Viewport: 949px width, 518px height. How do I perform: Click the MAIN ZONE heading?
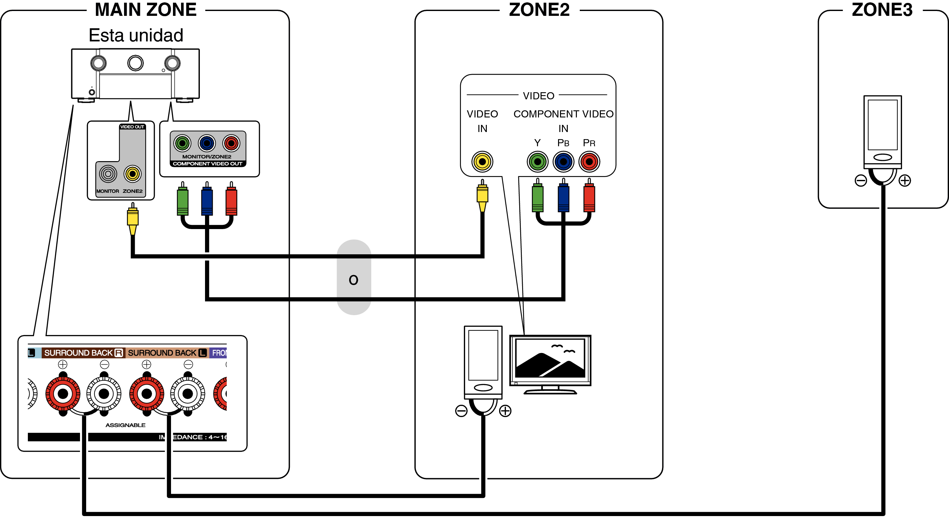point(145,10)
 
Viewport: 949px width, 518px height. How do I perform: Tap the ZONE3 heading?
point(882,10)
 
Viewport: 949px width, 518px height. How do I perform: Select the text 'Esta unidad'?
point(136,35)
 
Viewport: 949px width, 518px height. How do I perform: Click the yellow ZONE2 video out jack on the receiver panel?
point(132,174)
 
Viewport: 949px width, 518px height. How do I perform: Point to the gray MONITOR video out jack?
point(108,174)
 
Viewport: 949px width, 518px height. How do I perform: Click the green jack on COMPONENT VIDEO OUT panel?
point(182,143)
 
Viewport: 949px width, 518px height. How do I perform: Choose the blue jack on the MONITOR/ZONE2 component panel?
point(207,143)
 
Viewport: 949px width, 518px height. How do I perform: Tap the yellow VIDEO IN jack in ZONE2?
point(482,161)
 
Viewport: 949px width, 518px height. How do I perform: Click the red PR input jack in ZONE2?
point(589,161)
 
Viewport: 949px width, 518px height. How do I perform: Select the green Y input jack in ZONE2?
point(537,161)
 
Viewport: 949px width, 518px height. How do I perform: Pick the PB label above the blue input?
point(563,143)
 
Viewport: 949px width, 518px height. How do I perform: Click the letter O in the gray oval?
point(353,280)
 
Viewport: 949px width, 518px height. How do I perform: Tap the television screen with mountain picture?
point(550,358)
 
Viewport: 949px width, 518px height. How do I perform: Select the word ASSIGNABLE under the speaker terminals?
point(125,425)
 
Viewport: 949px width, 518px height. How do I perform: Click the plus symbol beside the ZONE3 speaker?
point(905,181)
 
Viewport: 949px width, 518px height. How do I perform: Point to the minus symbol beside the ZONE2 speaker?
point(461,411)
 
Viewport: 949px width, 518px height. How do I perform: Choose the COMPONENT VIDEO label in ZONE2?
point(563,114)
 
